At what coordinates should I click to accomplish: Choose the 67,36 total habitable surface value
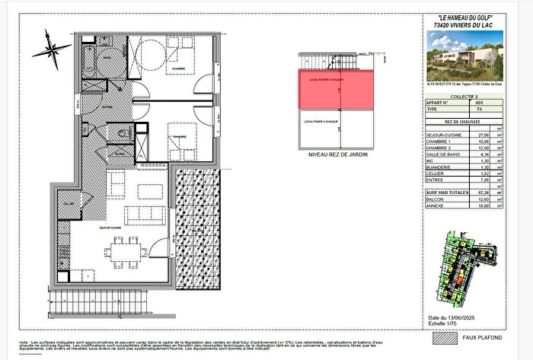[x=481, y=193]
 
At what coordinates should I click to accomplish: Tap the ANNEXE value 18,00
[x=481, y=205]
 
